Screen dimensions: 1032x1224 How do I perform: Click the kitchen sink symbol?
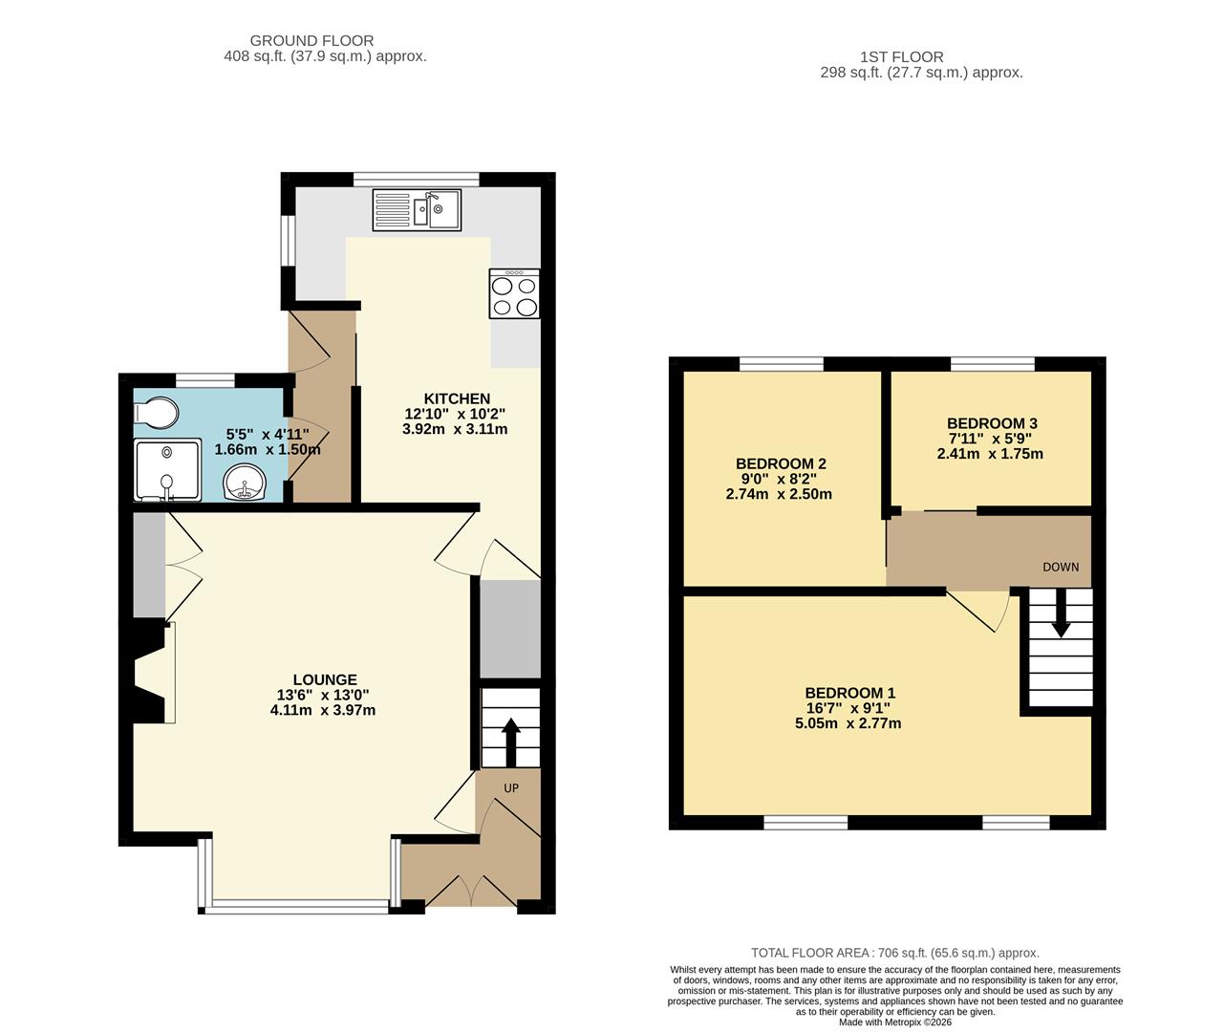[418, 209]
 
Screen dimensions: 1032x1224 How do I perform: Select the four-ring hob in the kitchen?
[514, 293]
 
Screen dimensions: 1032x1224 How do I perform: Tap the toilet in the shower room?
[156, 413]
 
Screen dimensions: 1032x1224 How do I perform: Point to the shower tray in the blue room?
[167, 469]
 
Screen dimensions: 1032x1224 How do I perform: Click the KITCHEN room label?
[457, 398]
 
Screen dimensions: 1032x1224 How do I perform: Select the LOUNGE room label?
[325, 679]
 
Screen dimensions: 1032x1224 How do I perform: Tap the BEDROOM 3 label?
[992, 423]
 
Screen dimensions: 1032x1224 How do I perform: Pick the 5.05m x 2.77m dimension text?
[848, 723]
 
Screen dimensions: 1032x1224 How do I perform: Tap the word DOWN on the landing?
[1061, 567]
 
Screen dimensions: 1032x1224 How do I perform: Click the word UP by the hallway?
[511, 788]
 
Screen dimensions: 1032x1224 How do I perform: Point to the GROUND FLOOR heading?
[311, 40]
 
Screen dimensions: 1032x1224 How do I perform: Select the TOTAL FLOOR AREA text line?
[894, 953]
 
